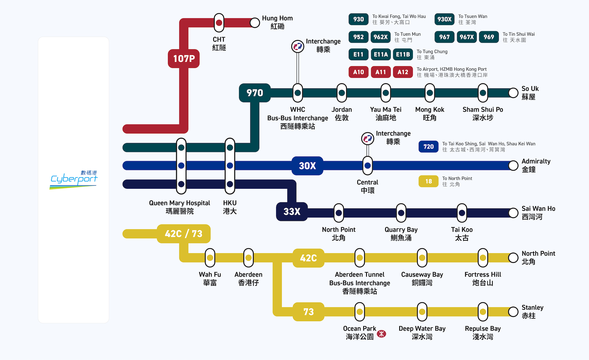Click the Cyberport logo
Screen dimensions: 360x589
click(x=74, y=180)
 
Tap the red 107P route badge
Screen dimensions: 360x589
click(x=184, y=58)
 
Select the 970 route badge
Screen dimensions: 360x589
click(x=255, y=93)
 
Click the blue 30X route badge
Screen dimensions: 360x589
click(x=307, y=166)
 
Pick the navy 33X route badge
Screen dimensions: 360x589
click(x=292, y=211)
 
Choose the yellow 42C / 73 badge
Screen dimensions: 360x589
click(x=183, y=234)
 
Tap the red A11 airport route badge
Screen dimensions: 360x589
click(x=381, y=72)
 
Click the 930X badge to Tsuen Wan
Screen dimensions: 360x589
click(x=444, y=19)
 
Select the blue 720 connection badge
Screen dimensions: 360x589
click(x=428, y=147)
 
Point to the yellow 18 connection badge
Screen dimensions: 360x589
click(x=428, y=181)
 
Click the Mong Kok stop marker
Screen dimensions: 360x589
click(x=430, y=93)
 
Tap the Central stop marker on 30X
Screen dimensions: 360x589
click(x=368, y=166)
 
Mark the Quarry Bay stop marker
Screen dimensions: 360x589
click(x=401, y=213)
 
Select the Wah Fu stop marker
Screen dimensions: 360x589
click(x=210, y=258)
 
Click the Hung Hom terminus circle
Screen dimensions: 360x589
click(x=255, y=23)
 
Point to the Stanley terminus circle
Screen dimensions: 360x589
click(x=513, y=312)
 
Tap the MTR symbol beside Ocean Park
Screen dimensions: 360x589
click(x=382, y=334)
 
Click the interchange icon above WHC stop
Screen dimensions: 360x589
click(x=298, y=47)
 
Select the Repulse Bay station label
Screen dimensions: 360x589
click(x=483, y=332)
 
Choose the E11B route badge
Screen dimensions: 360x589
click(x=403, y=55)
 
